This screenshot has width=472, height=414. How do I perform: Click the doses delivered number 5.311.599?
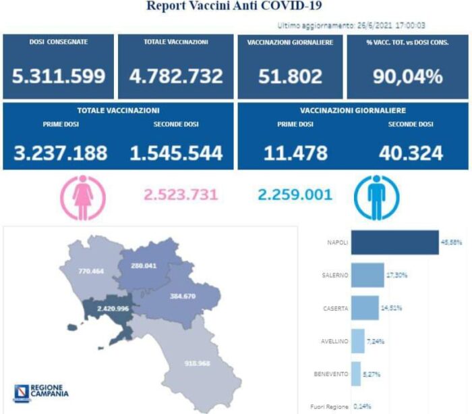click(x=59, y=76)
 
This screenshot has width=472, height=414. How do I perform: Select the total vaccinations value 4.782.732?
click(x=175, y=76)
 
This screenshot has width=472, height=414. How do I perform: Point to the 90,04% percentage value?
click(x=407, y=76)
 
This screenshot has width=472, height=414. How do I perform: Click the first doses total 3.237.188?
click(x=60, y=153)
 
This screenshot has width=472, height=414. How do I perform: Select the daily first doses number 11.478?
click(x=296, y=153)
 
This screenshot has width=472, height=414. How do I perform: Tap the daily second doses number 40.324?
click(x=411, y=153)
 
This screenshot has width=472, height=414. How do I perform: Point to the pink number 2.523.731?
click(x=181, y=195)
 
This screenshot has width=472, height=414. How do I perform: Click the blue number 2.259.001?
click(x=295, y=195)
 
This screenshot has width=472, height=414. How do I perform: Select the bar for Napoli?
click(x=394, y=242)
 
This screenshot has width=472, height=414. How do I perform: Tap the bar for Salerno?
click(x=367, y=275)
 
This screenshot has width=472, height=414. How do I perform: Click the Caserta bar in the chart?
click(x=365, y=308)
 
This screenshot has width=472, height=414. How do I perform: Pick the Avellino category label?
click(x=334, y=341)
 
